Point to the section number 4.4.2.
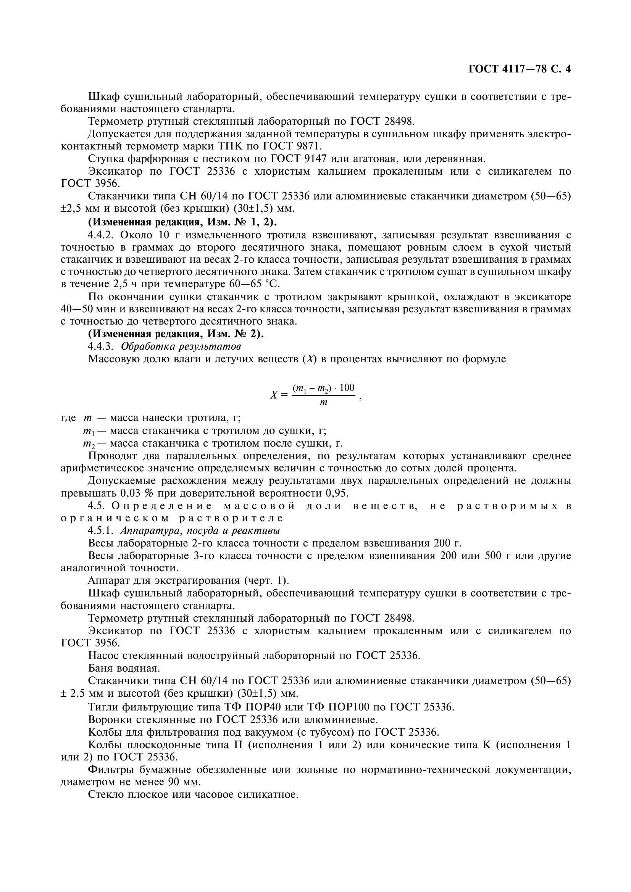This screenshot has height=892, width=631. click(x=101, y=235)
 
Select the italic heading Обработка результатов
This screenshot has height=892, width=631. click(x=181, y=346)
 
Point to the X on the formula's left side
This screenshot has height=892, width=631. click(x=274, y=395)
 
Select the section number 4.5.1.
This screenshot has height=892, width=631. click(x=101, y=530)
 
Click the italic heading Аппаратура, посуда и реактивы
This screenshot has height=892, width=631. click(x=201, y=530)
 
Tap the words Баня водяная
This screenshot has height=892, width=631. click(x=124, y=668)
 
